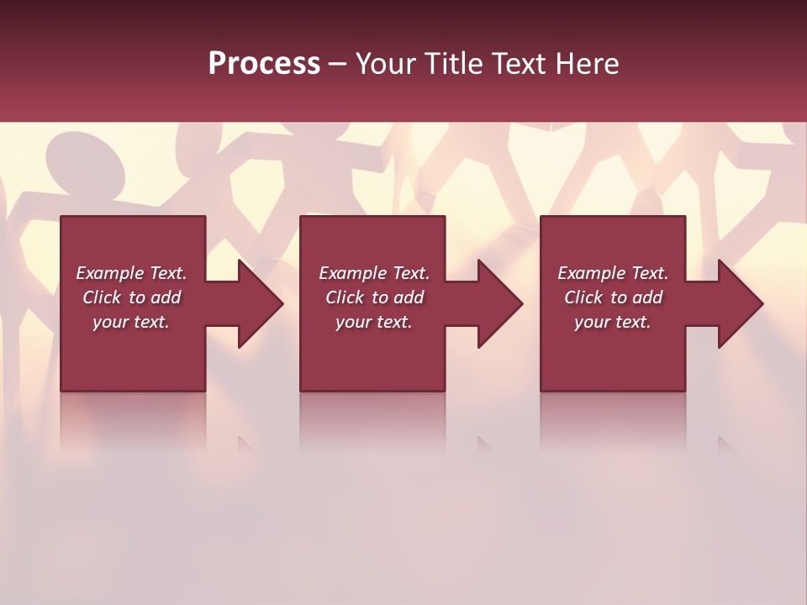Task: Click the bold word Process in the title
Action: click(x=264, y=64)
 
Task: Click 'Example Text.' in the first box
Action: click(x=131, y=273)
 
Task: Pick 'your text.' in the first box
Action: click(x=131, y=322)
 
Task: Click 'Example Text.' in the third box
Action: click(x=613, y=273)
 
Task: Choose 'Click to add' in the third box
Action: click(x=613, y=297)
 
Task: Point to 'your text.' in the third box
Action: click(x=613, y=322)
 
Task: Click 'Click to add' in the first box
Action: click(x=131, y=297)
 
